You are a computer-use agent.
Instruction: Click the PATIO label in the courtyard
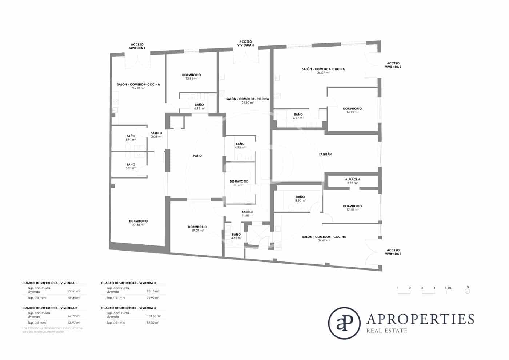click(x=197, y=156)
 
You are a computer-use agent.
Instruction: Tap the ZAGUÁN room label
click(x=325, y=154)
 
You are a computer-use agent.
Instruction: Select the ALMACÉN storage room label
click(x=352, y=179)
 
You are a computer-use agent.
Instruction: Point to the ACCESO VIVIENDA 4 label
click(x=137, y=46)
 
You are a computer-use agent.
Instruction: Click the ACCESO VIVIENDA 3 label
click(x=245, y=43)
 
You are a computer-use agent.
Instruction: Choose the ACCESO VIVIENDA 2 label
click(x=393, y=65)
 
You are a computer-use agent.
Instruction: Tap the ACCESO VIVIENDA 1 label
click(x=393, y=252)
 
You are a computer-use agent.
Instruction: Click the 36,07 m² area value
click(x=323, y=73)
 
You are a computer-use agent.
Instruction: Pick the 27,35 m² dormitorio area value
click(x=138, y=225)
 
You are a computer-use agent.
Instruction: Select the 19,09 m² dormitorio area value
click(x=197, y=231)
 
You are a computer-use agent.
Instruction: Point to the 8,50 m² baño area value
click(x=300, y=200)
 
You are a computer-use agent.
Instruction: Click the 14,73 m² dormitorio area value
click(x=352, y=112)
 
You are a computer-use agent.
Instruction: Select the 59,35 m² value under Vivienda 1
click(x=74, y=298)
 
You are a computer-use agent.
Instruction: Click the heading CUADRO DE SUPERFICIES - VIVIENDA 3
click(x=128, y=283)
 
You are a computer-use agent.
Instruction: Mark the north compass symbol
click(x=468, y=290)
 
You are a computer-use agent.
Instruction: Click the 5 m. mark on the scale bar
click(x=448, y=288)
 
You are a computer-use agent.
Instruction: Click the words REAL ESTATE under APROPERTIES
click(x=387, y=331)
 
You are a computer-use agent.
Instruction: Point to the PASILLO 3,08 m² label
click(x=156, y=135)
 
